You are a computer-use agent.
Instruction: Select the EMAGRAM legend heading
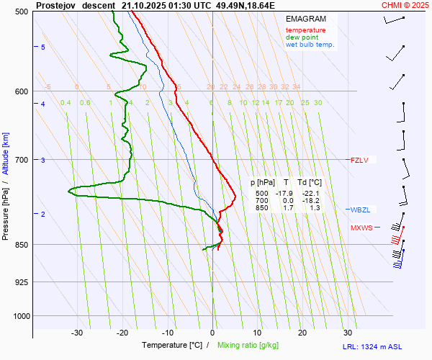click(305, 19)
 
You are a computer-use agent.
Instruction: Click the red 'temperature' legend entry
click(305, 30)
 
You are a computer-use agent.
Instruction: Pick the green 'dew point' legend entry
click(302, 37)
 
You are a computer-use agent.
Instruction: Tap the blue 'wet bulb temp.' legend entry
click(310, 45)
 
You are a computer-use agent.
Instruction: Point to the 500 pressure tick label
click(22, 12)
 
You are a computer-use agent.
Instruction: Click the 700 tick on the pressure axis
click(22, 160)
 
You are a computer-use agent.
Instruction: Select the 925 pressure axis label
click(22, 282)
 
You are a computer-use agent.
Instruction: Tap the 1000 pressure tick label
click(20, 316)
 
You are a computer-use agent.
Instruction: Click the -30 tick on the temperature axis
click(77, 333)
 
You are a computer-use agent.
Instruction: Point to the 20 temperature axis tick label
click(302, 333)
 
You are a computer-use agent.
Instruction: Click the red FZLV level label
click(359, 160)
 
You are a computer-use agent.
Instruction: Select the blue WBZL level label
click(359, 210)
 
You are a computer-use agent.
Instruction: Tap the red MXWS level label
click(361, 228)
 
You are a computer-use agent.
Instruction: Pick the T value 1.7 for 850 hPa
click(286, 208)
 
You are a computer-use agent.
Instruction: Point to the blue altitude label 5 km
click(43, 47)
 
